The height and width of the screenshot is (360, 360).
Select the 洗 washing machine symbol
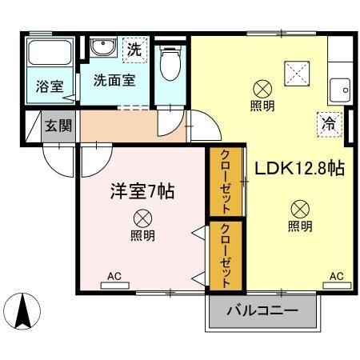click(x=135, y=50)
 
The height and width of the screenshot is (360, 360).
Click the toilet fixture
click(x=170, y=63)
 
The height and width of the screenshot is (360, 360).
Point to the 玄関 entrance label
click(x=56, y=126)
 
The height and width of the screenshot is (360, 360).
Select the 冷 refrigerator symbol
click(x=328, y=123)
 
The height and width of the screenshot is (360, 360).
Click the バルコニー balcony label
click(x=262, y=310)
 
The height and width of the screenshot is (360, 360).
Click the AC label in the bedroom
click(x=114, y=277)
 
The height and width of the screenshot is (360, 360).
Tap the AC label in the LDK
click(x=336, y=276)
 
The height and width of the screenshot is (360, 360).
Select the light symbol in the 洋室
click(x=142, y=217)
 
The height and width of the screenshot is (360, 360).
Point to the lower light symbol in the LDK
click(x=299, y=209)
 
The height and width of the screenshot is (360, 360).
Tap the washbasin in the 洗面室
click(x=102, y=49)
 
